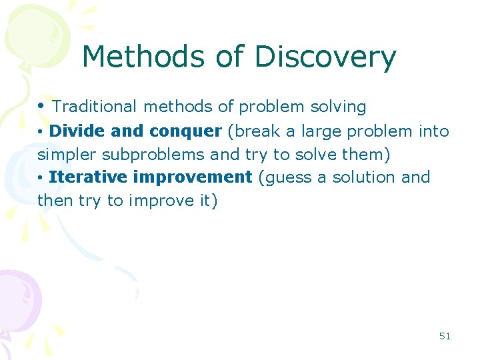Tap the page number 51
pyautogui.click(x=445, y=336)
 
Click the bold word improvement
pyautogui.click(x=193, y=177)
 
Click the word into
pyautogui.click(x=433, y=131)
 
